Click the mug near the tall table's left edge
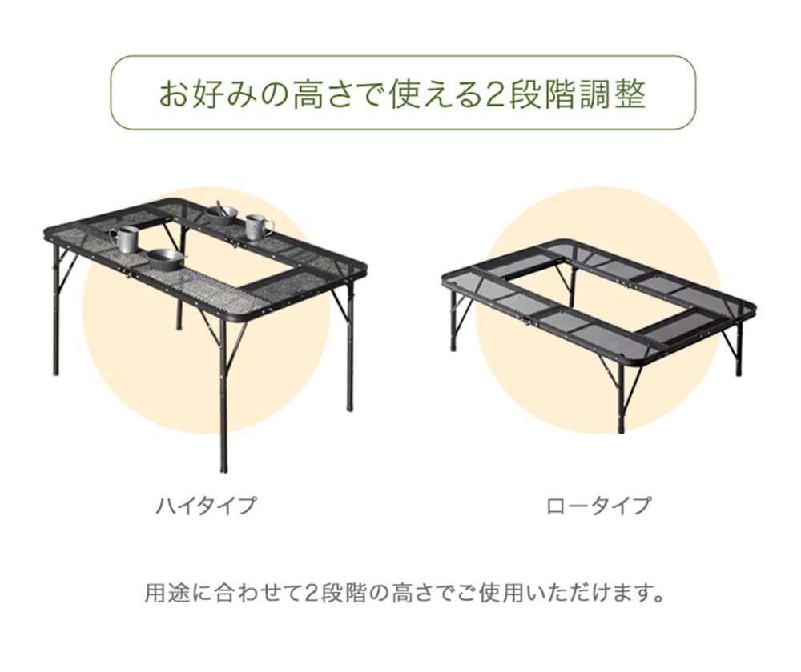126,239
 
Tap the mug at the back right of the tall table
256,226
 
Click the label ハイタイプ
206,506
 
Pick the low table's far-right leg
739,352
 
